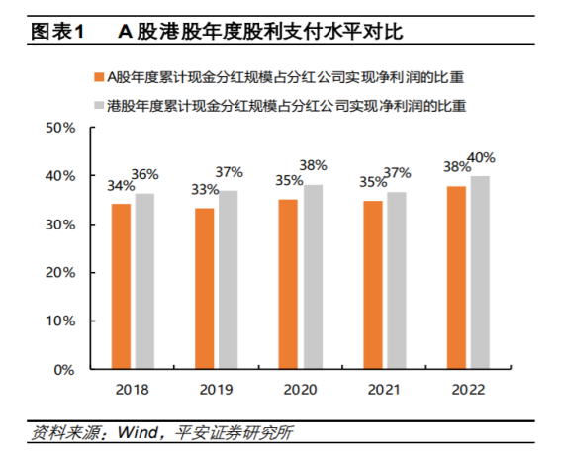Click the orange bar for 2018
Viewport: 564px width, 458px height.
pyautogui.click(x=121, y=287)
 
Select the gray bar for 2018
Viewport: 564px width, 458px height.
pyautogui.click(x=144, y=282)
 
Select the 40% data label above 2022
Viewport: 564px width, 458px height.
pyautogui.click(x=483, y=158)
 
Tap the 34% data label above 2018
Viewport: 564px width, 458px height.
pyautogui.click(x=119, y=185)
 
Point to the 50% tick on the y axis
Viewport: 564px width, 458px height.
pyautogui.click(x=61, y=128)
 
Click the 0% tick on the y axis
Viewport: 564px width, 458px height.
pyautogui.click(x=65, y=370)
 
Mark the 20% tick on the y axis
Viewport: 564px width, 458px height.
pyautogui.click(x=61, y=273)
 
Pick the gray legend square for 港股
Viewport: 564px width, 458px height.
pyautogui.click(x=97, y=104)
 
